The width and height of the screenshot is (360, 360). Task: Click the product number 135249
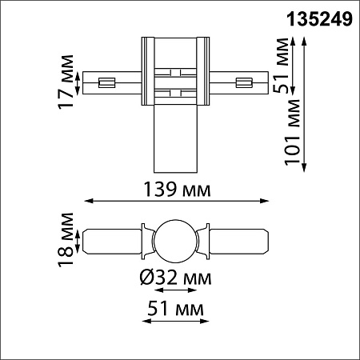pos(319,19)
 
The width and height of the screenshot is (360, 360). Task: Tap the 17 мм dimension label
pos(66,82)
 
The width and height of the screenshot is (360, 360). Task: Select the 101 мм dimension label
pos(292,132)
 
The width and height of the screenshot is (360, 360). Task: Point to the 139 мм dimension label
pos(177,190)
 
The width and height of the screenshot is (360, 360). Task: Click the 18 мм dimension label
pos(66,240)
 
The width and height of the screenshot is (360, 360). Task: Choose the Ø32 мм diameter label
pos(175,278)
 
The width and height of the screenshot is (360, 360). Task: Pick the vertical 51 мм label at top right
pos(282,66)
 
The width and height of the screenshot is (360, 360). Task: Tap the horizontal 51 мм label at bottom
pos(175,309)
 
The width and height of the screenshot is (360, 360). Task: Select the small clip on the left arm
pos(106,82)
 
